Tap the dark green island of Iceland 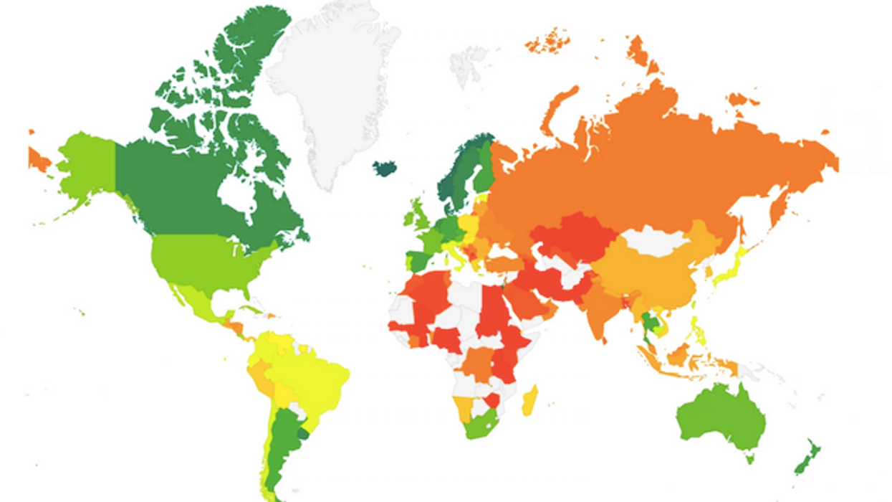click(385, 169)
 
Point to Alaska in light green click(86, 165)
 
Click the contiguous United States click(201, 262)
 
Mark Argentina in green click(287, 437)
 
